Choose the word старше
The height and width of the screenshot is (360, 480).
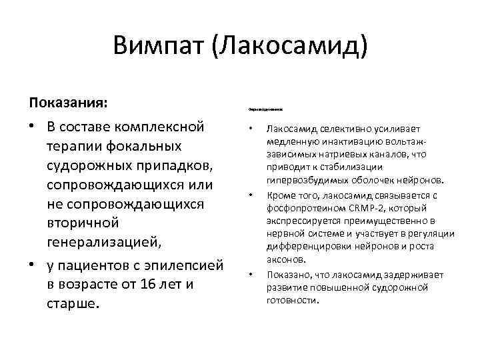coord(71,303)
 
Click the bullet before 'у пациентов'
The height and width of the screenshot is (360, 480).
coord(32,265)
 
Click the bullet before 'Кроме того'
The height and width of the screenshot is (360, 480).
coord(249,195)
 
